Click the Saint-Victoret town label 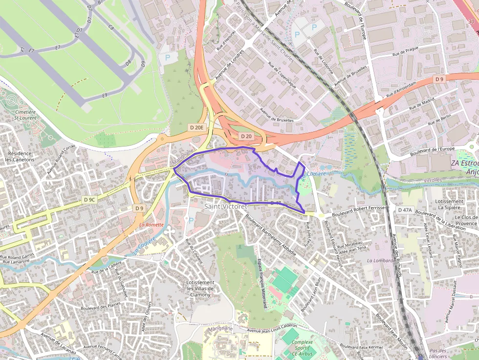(x=225, y=207)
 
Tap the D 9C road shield (x=89, y=199)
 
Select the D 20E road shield (x=196, y=127)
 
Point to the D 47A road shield (x=405, y=210)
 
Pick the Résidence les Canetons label (x=20, y=156)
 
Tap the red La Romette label (x=152, y=225)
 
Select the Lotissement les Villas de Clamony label (x=200, y=288)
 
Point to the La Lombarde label (x=381, y=260)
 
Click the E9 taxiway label (x=105, y=95)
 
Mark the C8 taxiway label (x=111, y=28)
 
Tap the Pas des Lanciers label (x=439, y=353)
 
